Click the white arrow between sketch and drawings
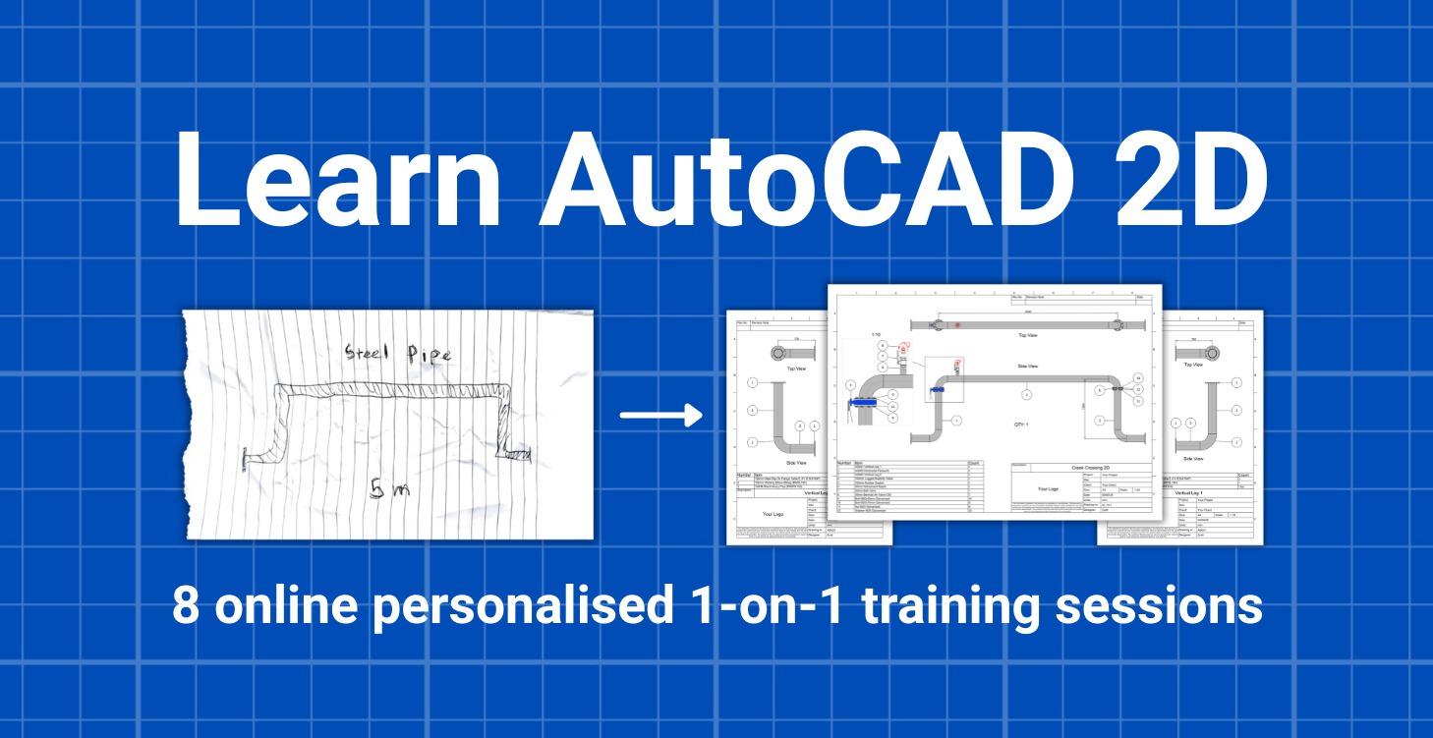click(661, 416)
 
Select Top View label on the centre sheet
click(1028, 335)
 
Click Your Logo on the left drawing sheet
click(779, 512)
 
